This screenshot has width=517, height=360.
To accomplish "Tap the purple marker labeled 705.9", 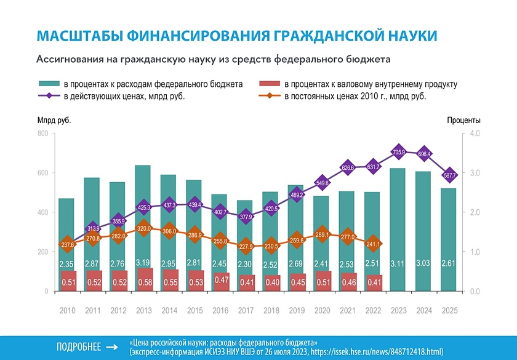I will click(x=398, y=152).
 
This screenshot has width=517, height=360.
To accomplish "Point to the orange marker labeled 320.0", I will click(x=143, y=228).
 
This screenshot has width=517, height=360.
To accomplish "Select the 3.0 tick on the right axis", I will click(x=474, y=173).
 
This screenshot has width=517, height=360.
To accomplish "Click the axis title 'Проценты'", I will click(x=464, y=120).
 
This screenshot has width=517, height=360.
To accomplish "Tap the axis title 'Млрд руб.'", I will click(x=54, y=120).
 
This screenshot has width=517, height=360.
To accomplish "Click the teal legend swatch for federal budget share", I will click(x=49, y=84).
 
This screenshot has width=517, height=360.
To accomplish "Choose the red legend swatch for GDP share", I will click(x=268, y=84).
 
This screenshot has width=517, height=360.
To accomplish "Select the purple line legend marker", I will click(x=49, y=96).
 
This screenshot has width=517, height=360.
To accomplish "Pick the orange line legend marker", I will click(x=268, y=96).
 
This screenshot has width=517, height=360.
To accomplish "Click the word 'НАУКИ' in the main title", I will click(x=404, y=36).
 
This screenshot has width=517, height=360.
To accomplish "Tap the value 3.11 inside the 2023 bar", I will click(x=398, y=265).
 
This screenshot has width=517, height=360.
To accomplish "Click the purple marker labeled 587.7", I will click(x=449, y=175).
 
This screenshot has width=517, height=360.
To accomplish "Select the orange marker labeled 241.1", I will click(x=372, y=243).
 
